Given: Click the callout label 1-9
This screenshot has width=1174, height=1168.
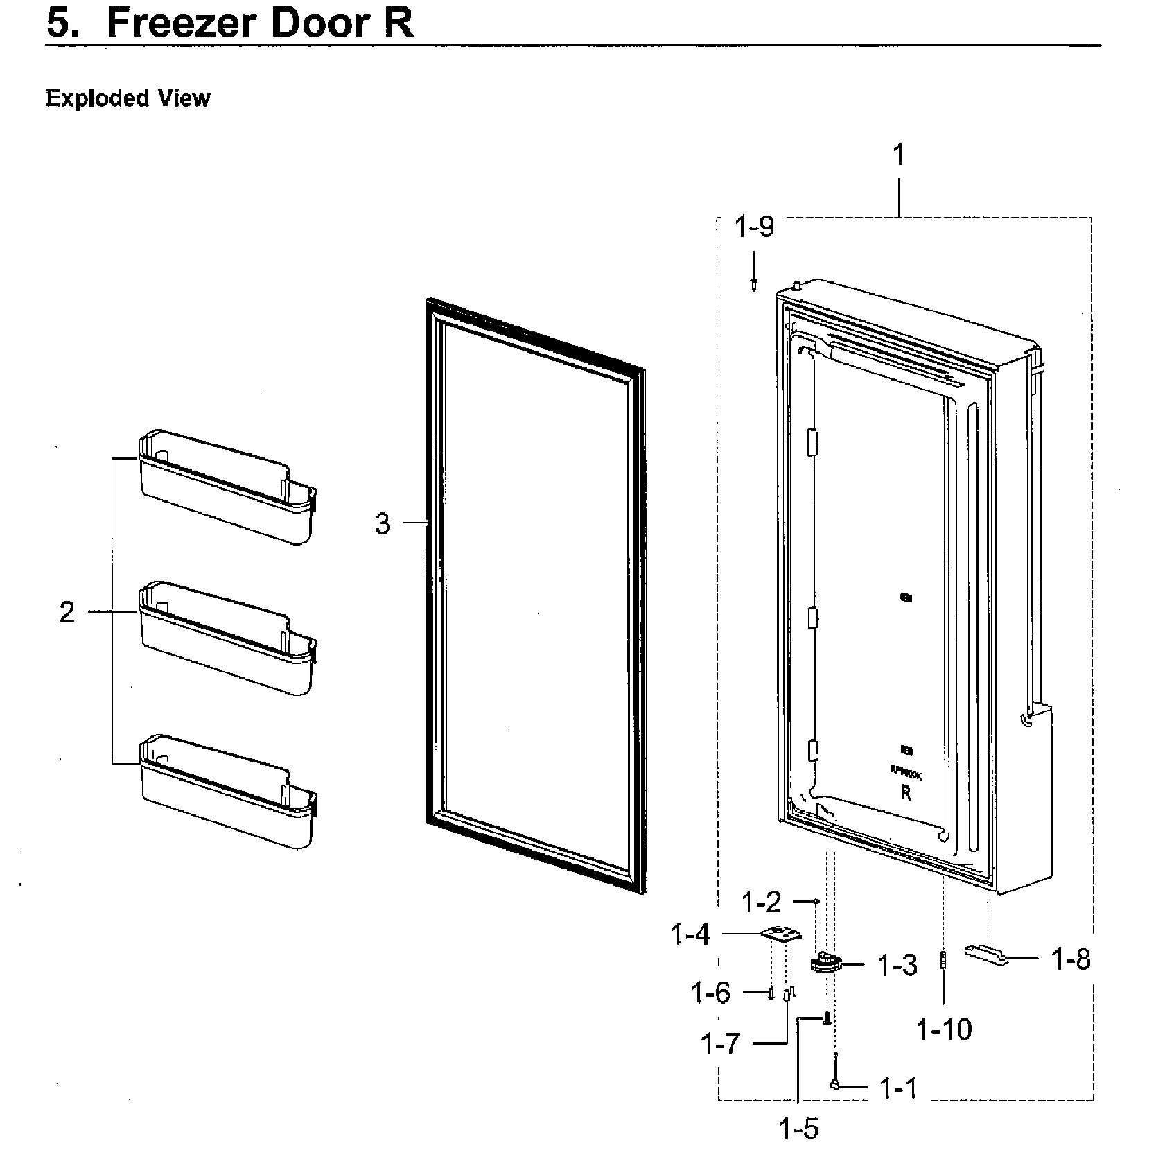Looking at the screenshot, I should (x=754, y=227).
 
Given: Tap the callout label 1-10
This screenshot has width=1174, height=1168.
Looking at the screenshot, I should (x=944, y=1029).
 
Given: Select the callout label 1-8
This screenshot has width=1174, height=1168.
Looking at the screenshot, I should (x=1071, y=959).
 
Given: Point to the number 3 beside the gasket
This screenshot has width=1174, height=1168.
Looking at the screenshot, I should (x=382, y=523).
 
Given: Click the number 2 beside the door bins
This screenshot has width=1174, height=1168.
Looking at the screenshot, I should (x=67, y=612).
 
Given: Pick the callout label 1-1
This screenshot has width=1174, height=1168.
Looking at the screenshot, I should (x=898, y=1089).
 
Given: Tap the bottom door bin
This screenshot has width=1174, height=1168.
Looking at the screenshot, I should (x=227, y=792).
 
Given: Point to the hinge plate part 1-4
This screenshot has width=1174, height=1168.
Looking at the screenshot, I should (x=781, y=935).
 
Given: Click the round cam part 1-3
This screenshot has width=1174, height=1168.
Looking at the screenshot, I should (x=824, y=963).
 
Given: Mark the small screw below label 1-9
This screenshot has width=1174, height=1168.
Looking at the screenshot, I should (x=753, y=283).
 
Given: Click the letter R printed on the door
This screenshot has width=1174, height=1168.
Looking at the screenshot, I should (x=906, y=794).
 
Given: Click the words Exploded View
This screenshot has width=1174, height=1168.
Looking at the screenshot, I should (x=128, y=98).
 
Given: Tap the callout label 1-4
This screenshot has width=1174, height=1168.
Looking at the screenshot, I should (x=690, y=935).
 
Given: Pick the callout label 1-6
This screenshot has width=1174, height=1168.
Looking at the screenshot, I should (x=710, y=993).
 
